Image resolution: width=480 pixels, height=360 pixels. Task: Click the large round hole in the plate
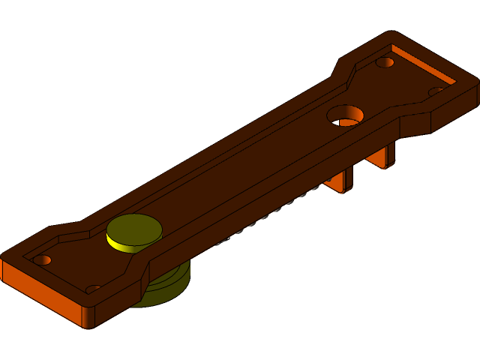coord(345,115)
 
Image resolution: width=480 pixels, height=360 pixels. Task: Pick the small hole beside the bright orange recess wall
coord(385,62)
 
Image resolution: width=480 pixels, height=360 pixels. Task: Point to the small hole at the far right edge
coord(436,91)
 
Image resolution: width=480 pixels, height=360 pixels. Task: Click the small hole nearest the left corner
coord(42,259)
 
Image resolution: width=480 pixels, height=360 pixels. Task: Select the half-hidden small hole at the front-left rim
coord(93,289)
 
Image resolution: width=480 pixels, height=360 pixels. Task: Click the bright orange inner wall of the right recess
coord(424,65)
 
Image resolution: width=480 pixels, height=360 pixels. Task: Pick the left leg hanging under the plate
coord(341,181)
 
